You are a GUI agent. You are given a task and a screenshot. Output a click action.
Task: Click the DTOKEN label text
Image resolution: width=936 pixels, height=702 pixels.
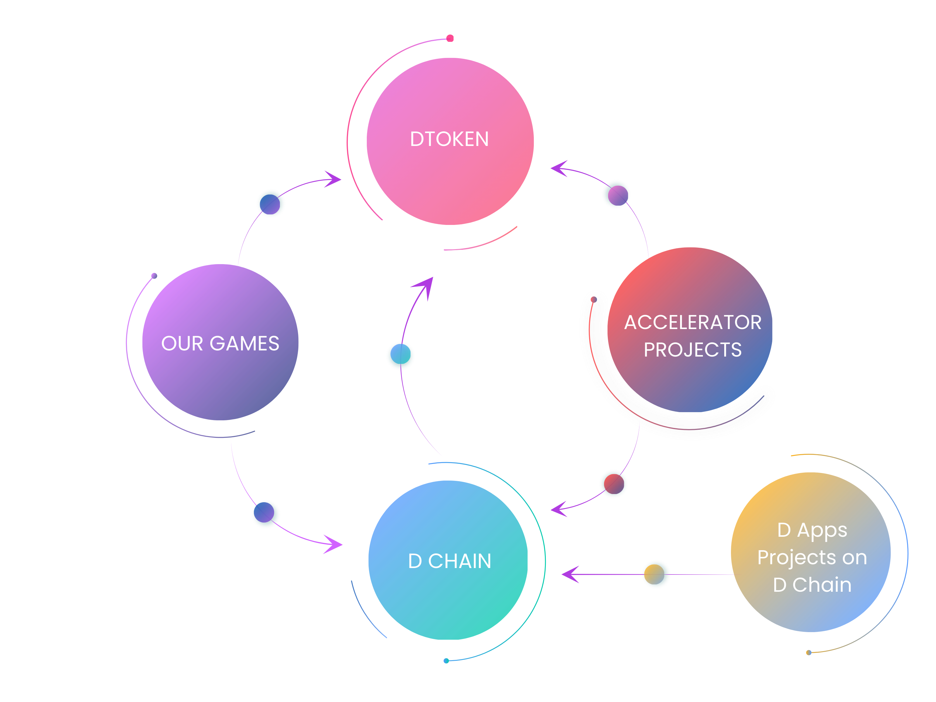click(x=449, y=139)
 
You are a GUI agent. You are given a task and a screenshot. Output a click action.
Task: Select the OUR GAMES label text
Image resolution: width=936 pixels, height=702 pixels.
click(x=221, y=343)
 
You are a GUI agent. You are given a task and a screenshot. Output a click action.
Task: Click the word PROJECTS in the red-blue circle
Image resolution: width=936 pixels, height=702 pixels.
click(x=693, y=350)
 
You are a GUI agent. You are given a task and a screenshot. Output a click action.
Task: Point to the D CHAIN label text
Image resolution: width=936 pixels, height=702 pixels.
click(x=449, y=561)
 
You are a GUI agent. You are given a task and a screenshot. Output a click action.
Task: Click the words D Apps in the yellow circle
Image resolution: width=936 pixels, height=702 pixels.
click(x=812, y=531)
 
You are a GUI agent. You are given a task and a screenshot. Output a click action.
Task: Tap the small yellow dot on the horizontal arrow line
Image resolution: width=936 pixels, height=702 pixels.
click(x=654, y=574)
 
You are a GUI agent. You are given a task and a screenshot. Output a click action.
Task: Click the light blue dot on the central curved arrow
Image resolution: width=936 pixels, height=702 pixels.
click(x=400, y=354)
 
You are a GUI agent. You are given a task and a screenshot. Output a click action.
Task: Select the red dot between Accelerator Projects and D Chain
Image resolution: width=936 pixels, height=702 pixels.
click(x=614, y=484)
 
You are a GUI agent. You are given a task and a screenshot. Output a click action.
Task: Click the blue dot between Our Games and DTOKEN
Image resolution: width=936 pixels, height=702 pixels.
click(x=270, y=204)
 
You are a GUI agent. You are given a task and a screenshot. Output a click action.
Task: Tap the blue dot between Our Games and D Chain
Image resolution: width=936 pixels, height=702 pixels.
click(x=264, y=512)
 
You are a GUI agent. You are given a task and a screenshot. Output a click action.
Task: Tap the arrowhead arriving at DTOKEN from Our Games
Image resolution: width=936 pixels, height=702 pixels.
click(x=333, y=179)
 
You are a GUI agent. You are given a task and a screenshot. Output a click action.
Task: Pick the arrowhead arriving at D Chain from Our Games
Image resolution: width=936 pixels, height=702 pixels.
click(x=333, y=545)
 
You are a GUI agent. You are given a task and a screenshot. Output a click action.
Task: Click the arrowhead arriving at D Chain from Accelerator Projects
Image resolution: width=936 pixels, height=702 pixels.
click(x=559, y=509)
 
